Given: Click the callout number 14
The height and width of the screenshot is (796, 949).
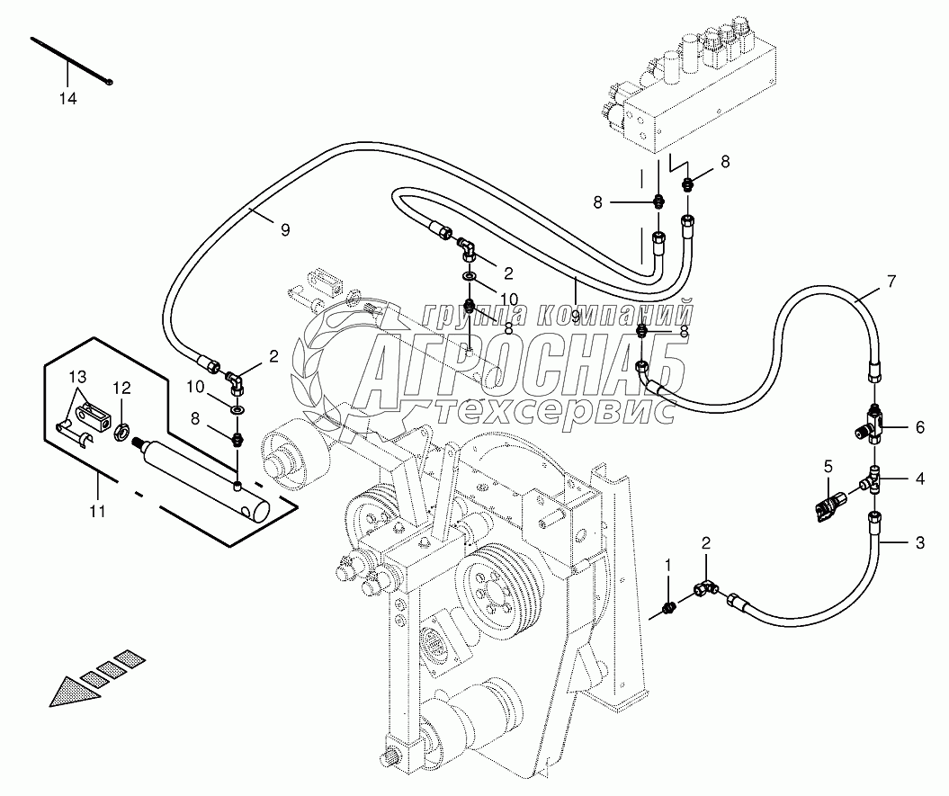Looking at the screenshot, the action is pos(67,99).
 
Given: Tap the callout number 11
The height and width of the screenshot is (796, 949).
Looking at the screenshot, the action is pos(97,512).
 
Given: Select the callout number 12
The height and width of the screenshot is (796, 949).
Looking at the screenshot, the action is pos(121,388).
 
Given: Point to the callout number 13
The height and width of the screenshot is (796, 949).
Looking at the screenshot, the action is pos(77,377).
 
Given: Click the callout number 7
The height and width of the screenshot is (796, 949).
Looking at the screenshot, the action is pos(891,281).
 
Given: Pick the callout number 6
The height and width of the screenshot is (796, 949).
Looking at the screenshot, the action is pos(920,427).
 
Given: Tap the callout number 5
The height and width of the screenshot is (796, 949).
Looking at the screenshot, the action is pos(828,466).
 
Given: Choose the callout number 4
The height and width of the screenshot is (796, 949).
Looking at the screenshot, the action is pos(920,478).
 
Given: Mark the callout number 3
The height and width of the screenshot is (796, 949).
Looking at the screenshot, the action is pos(920,543).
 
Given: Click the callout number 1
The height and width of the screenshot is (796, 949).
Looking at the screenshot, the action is pos(668,565).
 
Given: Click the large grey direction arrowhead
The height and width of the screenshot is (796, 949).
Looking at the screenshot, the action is pos(74,691).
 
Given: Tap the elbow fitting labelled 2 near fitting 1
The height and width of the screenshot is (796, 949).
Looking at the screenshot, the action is pos(706,586).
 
